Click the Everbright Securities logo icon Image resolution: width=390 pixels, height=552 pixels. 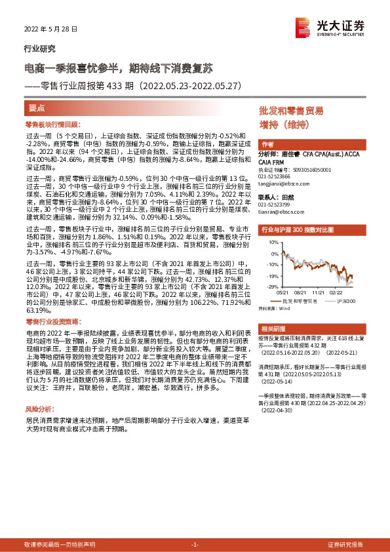303,27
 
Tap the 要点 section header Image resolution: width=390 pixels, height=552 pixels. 37,108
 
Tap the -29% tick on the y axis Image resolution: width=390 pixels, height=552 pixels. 269,286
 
